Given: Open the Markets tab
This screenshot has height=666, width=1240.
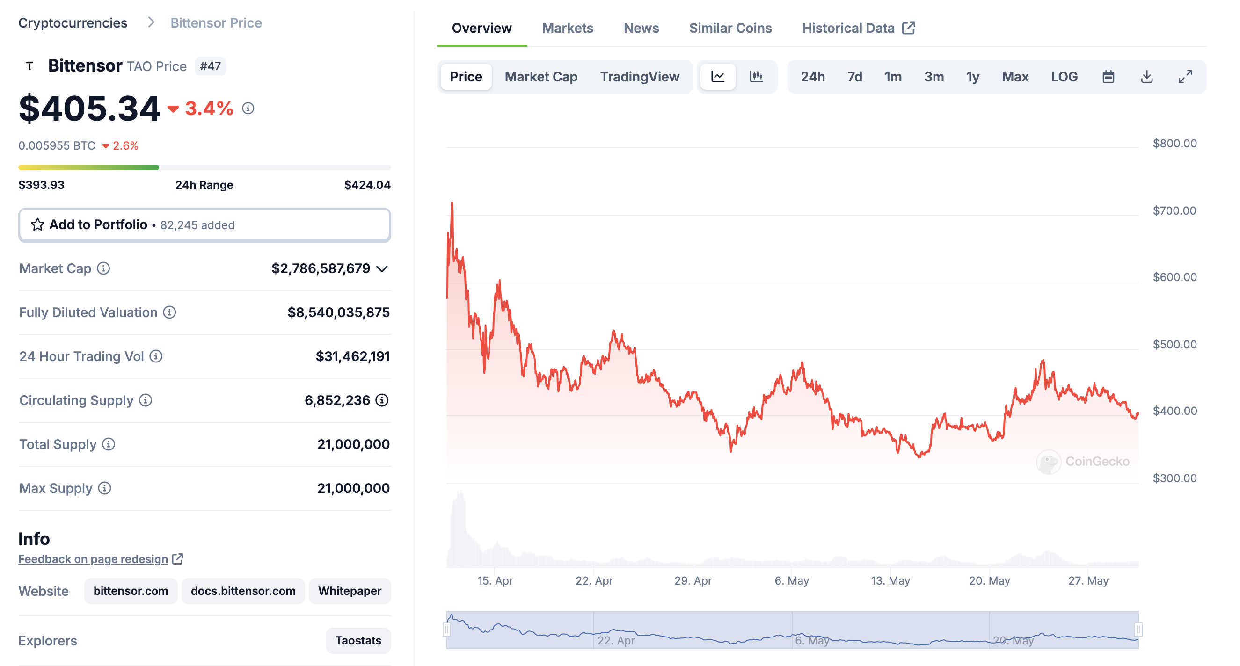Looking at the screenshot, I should click(567, 28).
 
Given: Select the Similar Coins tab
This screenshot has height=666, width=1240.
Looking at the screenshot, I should click(730, 28).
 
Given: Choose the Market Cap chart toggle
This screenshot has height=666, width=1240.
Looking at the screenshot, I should click(540, 77).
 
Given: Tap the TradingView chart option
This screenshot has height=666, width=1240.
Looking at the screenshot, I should click(639, 77).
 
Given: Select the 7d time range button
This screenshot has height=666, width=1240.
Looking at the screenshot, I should click(854, 77).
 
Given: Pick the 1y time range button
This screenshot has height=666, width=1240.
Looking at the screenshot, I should click(972, 77).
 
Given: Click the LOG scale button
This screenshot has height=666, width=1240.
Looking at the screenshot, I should click(1064, 77).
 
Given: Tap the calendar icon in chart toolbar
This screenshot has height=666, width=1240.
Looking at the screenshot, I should click(1108, 77).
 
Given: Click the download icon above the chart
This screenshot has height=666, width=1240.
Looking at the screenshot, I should click(1146, 77).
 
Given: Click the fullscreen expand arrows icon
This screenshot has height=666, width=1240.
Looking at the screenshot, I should click(1185, 77).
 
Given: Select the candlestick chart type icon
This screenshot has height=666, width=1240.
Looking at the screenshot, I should click(756, 77).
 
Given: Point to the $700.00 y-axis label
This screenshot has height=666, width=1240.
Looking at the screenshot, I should click(1174, 210).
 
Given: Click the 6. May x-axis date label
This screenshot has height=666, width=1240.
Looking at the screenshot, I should click(791, 580).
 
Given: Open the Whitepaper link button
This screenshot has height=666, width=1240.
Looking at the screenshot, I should click(350, 590).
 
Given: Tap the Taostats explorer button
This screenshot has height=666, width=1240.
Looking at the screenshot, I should click(357, 640).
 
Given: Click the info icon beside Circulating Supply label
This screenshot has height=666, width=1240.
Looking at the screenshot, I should click(146, 400).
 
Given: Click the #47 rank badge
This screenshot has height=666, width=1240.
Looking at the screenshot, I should click(211, 66).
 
